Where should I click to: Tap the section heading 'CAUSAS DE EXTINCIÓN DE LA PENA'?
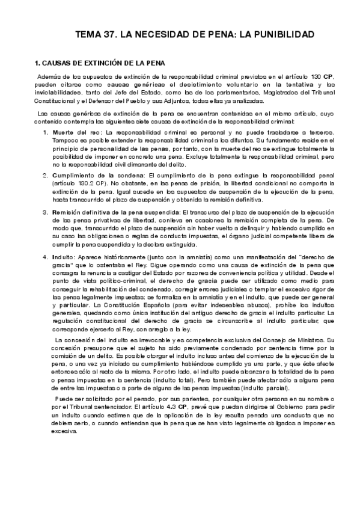point(104,63)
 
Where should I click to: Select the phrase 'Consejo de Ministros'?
point(294,341)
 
